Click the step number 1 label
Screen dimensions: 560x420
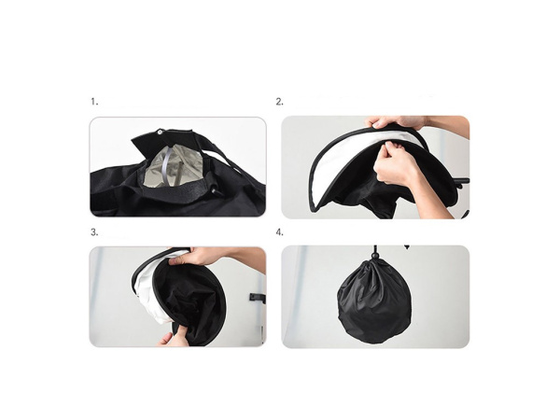pos(94,102)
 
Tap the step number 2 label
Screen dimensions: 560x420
pos(279,102)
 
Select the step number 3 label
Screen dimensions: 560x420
pos(94,232)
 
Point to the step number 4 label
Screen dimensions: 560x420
pos(279,232)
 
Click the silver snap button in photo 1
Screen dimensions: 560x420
pos(160,133)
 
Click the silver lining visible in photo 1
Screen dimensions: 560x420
pos(174,165)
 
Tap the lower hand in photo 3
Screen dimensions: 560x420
pos(172,337)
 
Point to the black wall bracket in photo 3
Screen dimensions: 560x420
pos(258,298)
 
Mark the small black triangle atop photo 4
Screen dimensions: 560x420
pos(406,246)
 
